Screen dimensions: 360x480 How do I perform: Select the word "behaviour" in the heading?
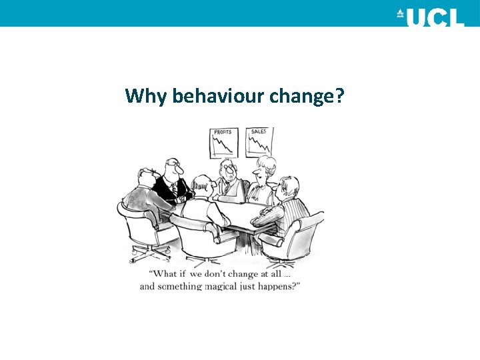[x=217, y=97]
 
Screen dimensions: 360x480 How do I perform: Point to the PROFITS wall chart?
[x=224, y=142]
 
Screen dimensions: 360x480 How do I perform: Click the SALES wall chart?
[x=259, y=142]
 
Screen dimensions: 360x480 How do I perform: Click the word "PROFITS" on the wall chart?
[x=223, y=132]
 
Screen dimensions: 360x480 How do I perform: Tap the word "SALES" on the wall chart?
[x=259, y=131]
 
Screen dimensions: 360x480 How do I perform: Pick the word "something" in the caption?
[x=179, y=286]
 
